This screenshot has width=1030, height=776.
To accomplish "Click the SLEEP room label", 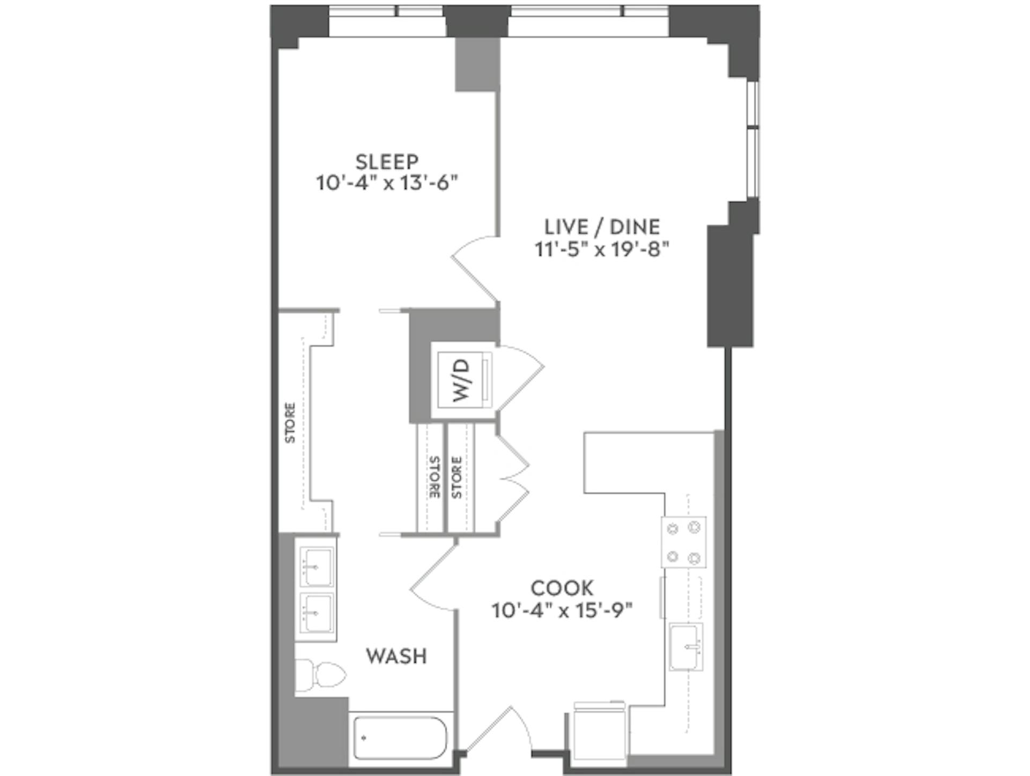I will (x=387, y=161).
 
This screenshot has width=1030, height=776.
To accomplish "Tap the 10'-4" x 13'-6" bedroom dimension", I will (x=387, y=183).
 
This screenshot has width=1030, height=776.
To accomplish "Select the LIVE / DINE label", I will (x=602, y=227).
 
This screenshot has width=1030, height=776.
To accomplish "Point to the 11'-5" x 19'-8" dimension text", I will (x=602, y=249).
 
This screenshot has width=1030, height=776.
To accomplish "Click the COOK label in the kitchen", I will (x=562, y=588).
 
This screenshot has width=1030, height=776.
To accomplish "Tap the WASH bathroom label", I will (x=396, y=656).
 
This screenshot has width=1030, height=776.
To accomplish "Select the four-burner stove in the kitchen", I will (x=683, y=542).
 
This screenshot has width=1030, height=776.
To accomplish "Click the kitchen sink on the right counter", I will (x=686, y=647).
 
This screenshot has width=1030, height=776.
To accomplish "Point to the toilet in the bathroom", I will (x=320, y=675).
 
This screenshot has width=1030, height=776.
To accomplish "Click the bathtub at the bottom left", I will (x=400, y=738).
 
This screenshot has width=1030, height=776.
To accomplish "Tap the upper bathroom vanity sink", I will (x=316, y=566).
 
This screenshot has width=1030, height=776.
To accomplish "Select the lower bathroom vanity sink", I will (x=316, y=612).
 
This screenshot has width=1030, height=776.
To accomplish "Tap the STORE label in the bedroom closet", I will (x=290, y=423).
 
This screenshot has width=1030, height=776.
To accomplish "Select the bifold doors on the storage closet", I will (x=513, y=477).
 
